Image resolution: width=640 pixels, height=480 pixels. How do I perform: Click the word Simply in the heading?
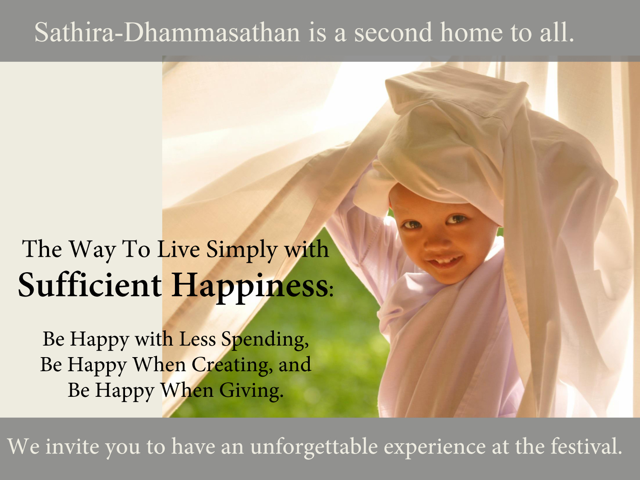242,250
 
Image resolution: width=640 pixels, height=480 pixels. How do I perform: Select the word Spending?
265,340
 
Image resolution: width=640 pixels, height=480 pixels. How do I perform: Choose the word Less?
198,339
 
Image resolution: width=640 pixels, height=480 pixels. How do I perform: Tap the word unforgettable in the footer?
314,446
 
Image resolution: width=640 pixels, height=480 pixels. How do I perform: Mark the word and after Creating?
295,365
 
